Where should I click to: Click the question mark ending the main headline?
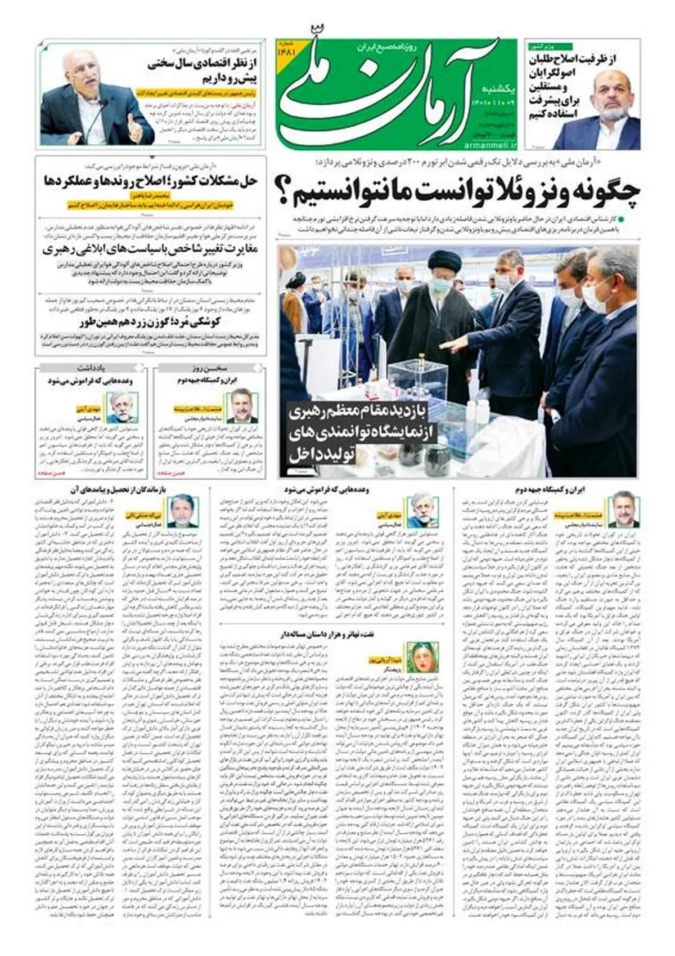click(x=286, y=191)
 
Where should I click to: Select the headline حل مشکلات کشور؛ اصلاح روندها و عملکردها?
click(x=150, y=181)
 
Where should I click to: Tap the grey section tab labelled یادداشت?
click(x=92, y=368)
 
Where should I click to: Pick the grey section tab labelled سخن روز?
click(x=209, y=368)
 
